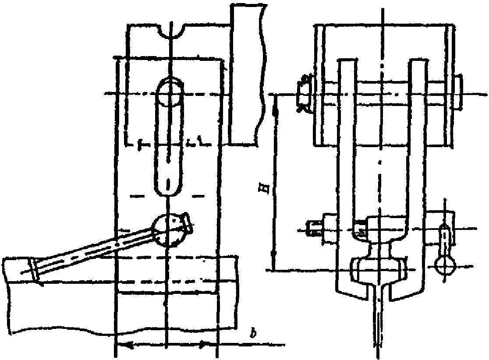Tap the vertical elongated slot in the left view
pos(169,137)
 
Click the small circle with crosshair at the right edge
pos(445,265)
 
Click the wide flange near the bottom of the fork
pos(379,268)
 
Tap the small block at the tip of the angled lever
pos(188,223)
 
